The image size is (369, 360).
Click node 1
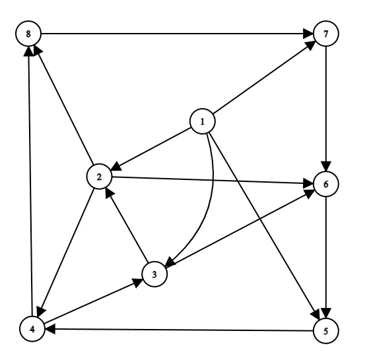coord(203,121)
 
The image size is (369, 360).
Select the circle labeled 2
coord(99,176)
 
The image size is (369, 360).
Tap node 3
coord(154,274)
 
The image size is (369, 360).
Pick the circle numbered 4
coord(32,329)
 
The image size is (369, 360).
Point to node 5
coord(326,331)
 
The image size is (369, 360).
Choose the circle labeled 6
coord(326,184)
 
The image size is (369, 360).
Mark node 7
coord(326,34)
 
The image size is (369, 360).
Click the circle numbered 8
coord(28,34)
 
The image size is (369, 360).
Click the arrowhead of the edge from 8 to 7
coord(308,34)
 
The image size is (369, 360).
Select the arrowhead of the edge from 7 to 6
coord(326,166)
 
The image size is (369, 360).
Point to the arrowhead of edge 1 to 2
coord(116,167)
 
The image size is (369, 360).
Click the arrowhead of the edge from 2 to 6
coord(308,183)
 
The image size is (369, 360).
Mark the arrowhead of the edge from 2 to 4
coord(41,312)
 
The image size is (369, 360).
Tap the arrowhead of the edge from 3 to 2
coord(109,193)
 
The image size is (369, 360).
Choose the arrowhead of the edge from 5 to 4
coord(50,329)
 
